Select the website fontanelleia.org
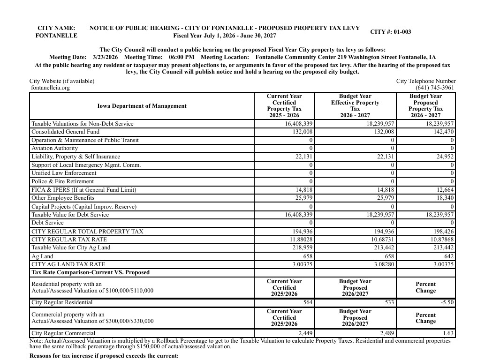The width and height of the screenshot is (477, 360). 50,88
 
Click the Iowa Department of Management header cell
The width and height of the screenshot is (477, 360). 142,106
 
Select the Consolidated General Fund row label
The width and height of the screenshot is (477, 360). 65,132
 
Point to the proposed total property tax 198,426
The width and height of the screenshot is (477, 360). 443,232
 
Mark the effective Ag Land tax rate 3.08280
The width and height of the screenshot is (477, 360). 382,264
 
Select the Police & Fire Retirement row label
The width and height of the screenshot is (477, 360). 62,181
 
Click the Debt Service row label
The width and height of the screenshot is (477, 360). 47,223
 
